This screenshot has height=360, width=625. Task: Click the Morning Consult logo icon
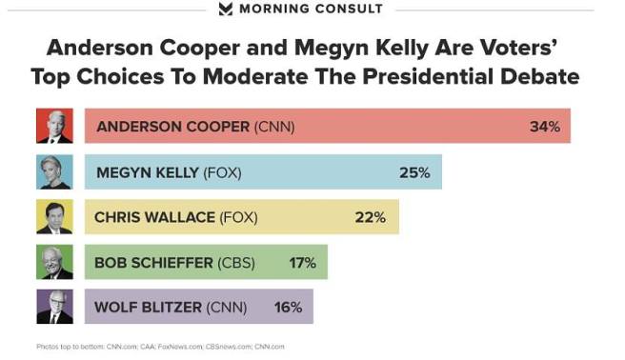[225, 10]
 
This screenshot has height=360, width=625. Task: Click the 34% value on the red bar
[545, 126]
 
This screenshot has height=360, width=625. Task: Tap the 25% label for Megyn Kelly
[414, 172]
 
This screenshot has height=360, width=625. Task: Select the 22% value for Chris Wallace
[370, 217]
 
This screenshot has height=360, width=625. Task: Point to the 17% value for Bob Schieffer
[302, 262]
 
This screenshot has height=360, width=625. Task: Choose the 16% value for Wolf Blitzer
[288, 307]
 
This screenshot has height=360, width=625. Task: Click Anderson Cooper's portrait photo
[54, 126]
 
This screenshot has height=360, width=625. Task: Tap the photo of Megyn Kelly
[54, 171]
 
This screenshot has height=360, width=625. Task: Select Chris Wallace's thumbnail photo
[54, 217]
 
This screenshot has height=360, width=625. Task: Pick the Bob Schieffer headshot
[54, 262]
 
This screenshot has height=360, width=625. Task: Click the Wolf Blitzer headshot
[54, 307]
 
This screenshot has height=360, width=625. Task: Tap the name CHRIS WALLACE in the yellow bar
[155, 217]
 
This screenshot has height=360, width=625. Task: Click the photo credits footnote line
[160, 347]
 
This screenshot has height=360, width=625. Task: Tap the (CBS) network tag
[239, 262]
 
